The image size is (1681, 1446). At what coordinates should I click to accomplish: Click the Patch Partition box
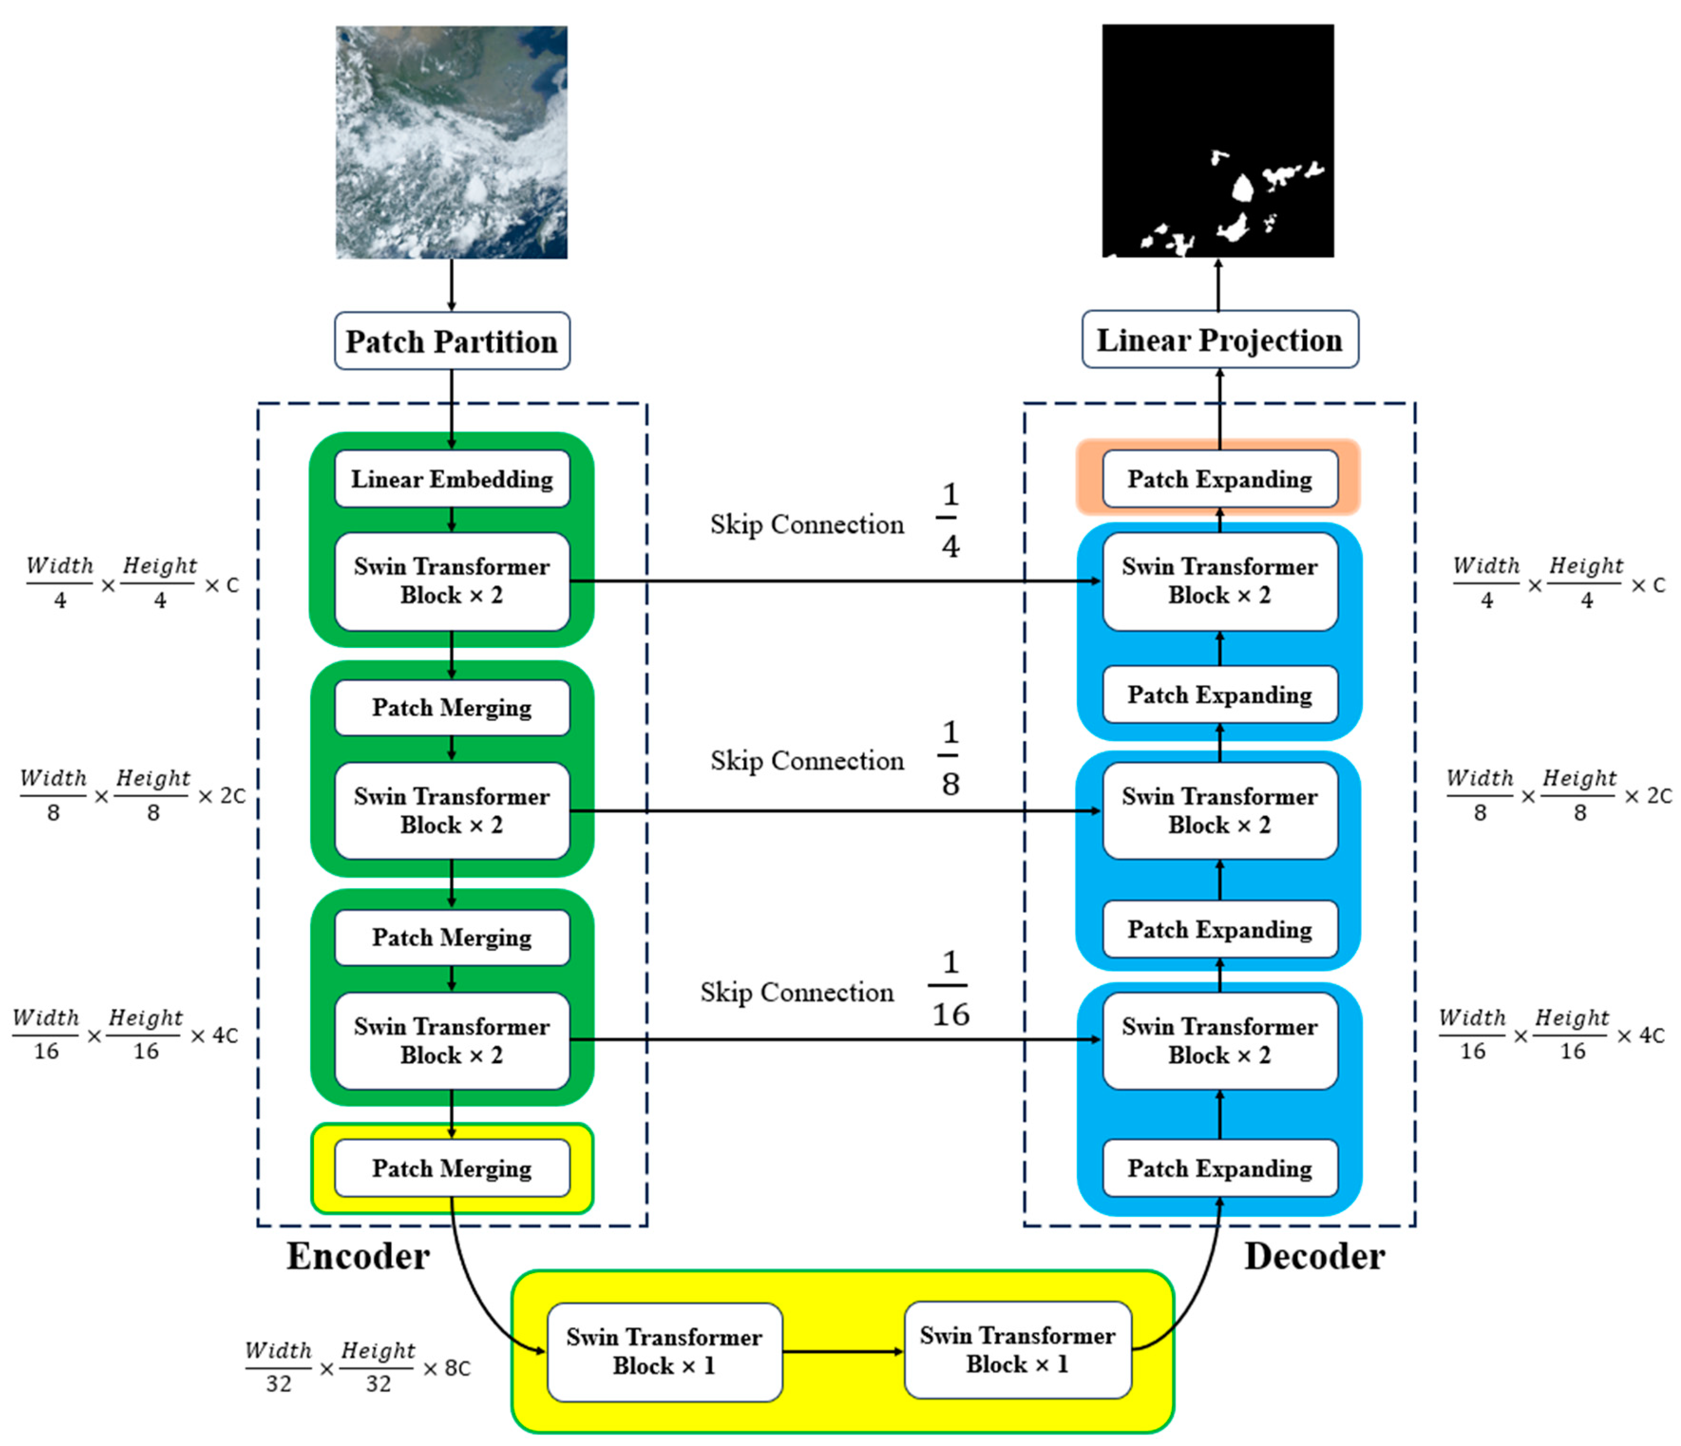tap(452, 342)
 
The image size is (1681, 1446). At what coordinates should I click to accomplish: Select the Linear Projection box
tap(1219, 340)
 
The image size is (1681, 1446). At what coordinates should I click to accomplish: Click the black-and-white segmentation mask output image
tap(1217, 141)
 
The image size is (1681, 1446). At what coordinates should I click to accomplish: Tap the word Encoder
tap(358, 1256)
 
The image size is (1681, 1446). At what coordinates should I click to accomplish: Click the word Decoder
tap(1314, 1256)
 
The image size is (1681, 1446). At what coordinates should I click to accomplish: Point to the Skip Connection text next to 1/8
tap(807, 761)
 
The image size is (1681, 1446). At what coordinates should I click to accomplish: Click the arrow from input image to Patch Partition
tap(452, 285)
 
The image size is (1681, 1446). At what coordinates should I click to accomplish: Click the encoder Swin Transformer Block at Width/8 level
tap(452, 810)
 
